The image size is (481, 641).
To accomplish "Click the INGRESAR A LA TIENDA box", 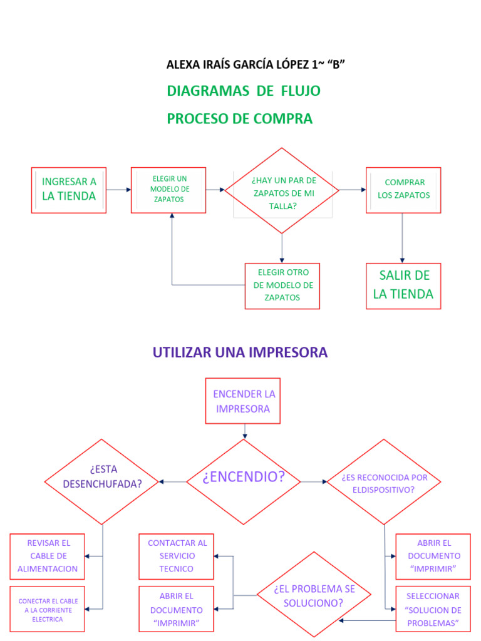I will pos(69,190).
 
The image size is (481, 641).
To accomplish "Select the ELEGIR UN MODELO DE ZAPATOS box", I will pos(168,190).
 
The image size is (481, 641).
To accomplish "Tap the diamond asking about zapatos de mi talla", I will pos(282,191).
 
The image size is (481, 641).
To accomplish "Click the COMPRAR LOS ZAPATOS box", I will pos(403,189).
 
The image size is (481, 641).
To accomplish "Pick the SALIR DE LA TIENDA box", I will pos(403,285).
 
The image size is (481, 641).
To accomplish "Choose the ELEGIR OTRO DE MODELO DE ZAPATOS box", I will pos(282,285).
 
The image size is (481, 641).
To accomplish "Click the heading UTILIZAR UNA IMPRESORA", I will pos(240,352).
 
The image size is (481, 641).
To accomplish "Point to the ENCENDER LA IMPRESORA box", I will pos(244,401).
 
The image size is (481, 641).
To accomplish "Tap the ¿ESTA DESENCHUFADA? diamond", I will pos(102,481).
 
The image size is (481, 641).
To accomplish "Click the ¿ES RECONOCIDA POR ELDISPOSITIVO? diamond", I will pos(384,482).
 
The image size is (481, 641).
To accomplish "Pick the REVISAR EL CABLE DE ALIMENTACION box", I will pos(48,556).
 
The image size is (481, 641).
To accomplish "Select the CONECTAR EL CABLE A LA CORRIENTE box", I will pos(48,610).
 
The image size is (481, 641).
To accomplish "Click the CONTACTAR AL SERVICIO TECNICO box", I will pos(176,556).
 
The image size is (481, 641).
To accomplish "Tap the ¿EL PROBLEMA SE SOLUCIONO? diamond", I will pos(314,595).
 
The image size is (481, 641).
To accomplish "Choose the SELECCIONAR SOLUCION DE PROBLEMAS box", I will pos(433,610).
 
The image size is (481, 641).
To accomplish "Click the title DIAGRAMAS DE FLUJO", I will pos(244,91).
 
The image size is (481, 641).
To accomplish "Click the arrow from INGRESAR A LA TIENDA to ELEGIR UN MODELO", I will pos(118,190).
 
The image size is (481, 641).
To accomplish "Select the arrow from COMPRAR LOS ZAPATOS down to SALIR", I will pos(402,238).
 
